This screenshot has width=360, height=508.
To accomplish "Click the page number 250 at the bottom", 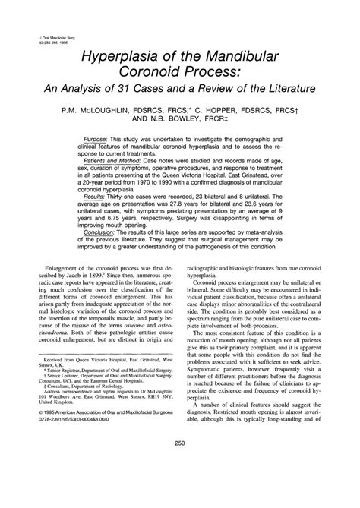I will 180,486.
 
